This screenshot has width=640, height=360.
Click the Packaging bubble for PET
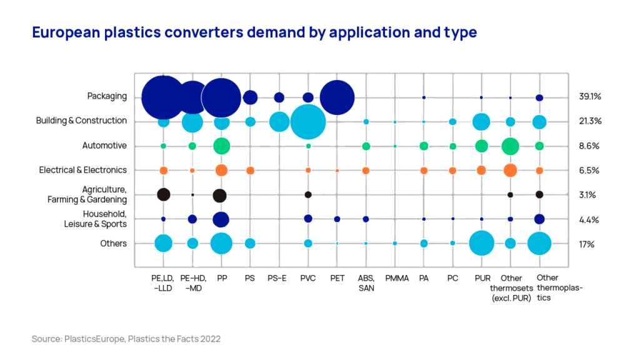click(x=337, y=97)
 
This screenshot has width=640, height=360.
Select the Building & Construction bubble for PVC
click(x=308, y=122)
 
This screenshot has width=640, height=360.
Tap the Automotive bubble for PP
click(x=221, y=146)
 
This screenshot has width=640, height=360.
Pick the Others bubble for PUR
click(x=481, y=243)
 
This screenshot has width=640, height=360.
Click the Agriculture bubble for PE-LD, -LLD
click(x=163, y=194)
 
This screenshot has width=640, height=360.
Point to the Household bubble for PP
click(x=221, y=219)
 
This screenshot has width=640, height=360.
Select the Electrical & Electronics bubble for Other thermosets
click(x=510, y=170)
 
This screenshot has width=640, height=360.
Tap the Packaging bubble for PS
click(x=250, y=97)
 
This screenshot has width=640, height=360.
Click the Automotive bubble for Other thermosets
click(x=510, y=146)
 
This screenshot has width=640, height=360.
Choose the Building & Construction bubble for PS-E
click(x=279, y=121)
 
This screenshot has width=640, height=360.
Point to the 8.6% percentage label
click(x=589, y=146)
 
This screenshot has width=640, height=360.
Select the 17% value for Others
click(x=587, y=244)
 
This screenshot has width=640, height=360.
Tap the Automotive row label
click(x=104, y=146)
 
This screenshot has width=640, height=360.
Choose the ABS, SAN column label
click(x=366, y=282)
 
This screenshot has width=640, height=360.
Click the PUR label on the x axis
click(x=481, y=277)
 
